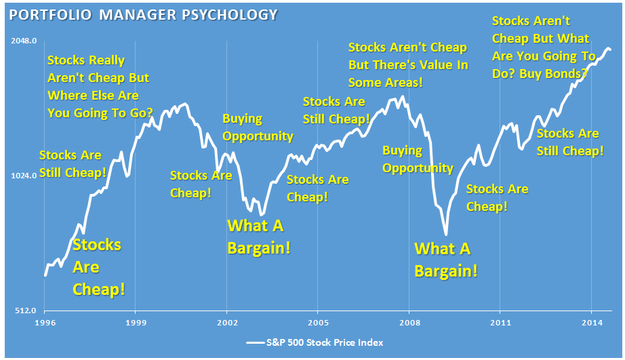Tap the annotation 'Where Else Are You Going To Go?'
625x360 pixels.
click(x=99, y=87)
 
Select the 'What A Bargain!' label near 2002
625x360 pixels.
click(x=258, y=237)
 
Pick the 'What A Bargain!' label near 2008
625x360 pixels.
click(x=445, y=260)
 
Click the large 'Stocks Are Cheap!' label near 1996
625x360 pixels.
click(x=98, y=267)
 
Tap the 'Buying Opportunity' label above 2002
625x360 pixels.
click(x=258, y=127)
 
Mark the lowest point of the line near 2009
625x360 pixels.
click(x=446, y=235)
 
